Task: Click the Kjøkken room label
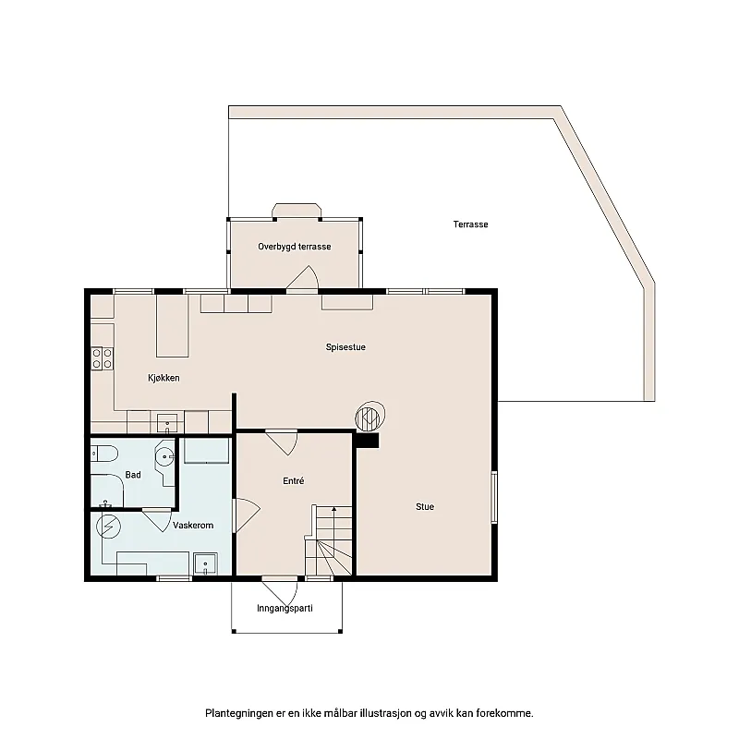[x=164, y=378]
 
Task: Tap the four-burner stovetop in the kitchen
[x=102, y=358]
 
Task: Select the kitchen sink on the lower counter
[x=168, y=424]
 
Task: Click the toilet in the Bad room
[x=103, y=453]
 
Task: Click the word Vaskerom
[x=193, y=525]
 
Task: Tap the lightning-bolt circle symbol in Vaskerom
[x=108, y=526]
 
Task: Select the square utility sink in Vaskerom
[x=205, y=562]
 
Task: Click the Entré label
[x=294, y=481]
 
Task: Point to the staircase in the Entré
[x=330, y=545]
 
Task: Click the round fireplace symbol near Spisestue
[x=369, y=417]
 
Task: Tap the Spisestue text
[x=346, y=347]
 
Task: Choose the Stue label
[x=425, y=506]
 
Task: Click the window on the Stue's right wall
[x=495, y=498]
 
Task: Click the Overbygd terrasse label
[x=295, y=247]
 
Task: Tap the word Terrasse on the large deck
[x=470, y=224]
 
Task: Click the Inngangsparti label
[x=285, y=609]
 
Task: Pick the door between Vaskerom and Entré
[x=245, y=515]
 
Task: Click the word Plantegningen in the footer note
[x=237, y=713]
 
